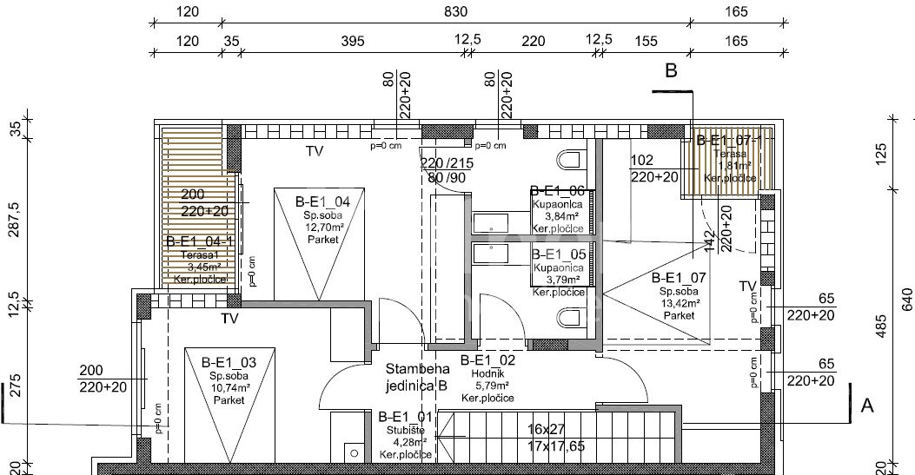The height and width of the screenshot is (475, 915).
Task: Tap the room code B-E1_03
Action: tap(227, 362)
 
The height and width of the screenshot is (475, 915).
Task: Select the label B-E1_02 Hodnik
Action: tap(487, 360)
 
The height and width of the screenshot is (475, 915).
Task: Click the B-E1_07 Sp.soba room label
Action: tap(679, 279)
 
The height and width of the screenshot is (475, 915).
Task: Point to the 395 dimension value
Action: tap(350, 41)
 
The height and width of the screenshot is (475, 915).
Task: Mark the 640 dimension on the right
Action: tap(907, 300)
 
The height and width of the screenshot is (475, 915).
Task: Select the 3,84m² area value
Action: tap(561, 216)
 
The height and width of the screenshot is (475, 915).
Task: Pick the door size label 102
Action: tap(641, 161)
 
